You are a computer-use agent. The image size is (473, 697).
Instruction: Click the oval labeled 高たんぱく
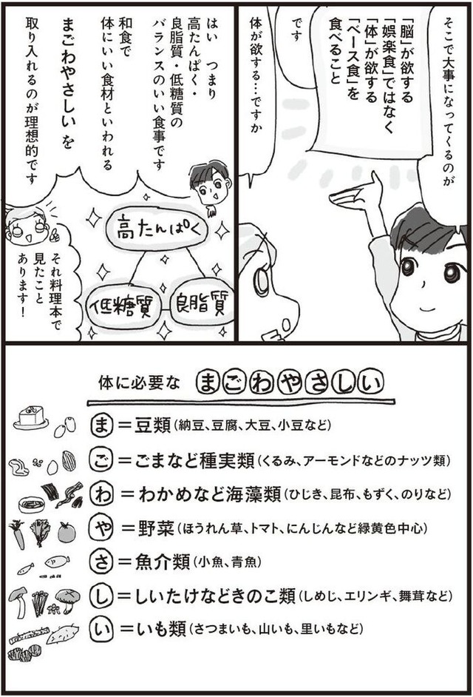click(x=157, y=230)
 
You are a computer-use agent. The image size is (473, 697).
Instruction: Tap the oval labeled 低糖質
click(x=123, y=308)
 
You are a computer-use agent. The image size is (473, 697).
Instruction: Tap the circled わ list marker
click(x=101, y=494)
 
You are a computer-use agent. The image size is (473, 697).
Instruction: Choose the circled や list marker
click(x=101, y=528)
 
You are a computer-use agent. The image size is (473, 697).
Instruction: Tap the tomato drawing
click(x=67, y=532)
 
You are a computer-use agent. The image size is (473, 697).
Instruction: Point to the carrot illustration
click(x=17, y=533)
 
